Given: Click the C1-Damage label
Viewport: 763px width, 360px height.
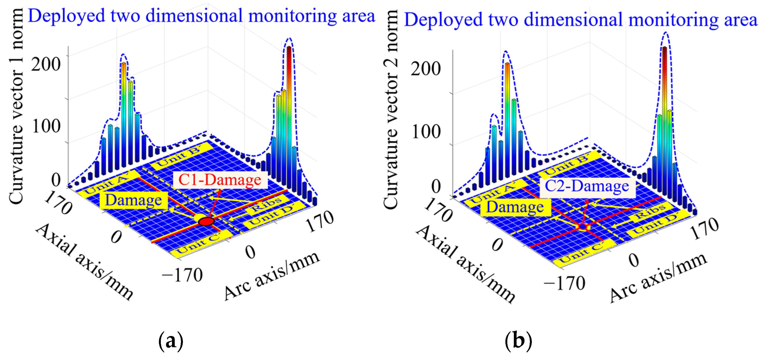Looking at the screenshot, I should pos(220,179).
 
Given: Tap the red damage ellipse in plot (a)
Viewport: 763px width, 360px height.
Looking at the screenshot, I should pos(206,221).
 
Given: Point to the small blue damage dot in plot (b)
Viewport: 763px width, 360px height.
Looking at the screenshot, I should pos(583,227).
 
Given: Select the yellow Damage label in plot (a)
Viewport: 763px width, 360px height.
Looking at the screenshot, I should pos(134,200).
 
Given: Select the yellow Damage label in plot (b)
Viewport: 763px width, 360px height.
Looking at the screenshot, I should pos(515,207).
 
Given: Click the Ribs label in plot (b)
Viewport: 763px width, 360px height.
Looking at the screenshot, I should pos(650,211).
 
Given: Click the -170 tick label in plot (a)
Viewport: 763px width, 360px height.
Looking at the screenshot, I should pos(182,275).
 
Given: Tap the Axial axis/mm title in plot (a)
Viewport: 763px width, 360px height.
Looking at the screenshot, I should pos(85,261).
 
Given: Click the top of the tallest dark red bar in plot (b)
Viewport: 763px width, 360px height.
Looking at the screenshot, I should pos(665,48).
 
